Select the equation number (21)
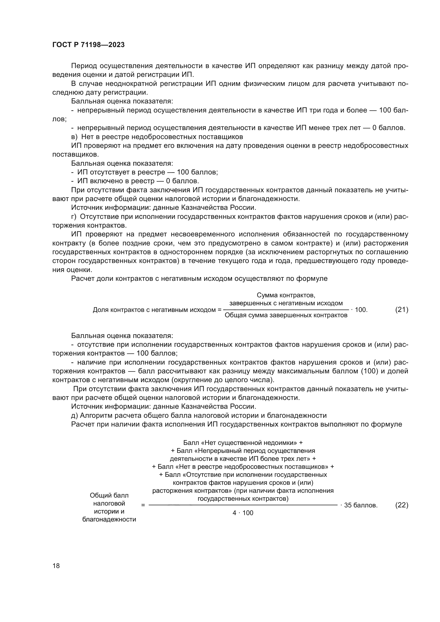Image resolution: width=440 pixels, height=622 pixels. [402, 309]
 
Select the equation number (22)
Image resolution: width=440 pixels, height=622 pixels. [402, 505]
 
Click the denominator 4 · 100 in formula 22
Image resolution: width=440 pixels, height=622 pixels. [243, 513]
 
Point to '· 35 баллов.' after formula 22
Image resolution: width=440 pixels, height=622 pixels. [359, 505]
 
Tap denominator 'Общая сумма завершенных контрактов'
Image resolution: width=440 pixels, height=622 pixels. [286, 315]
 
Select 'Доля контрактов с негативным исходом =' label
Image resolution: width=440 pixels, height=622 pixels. [157, 310]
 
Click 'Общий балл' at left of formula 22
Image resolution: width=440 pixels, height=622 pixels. [109, 495]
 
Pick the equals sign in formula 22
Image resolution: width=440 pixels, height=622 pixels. [143, 505]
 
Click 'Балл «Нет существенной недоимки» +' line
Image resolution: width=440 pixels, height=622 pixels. [243, 443]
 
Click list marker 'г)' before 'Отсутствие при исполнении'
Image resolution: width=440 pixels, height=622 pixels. [74, 217]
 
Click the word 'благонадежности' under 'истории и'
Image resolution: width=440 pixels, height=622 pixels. [109, 519]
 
